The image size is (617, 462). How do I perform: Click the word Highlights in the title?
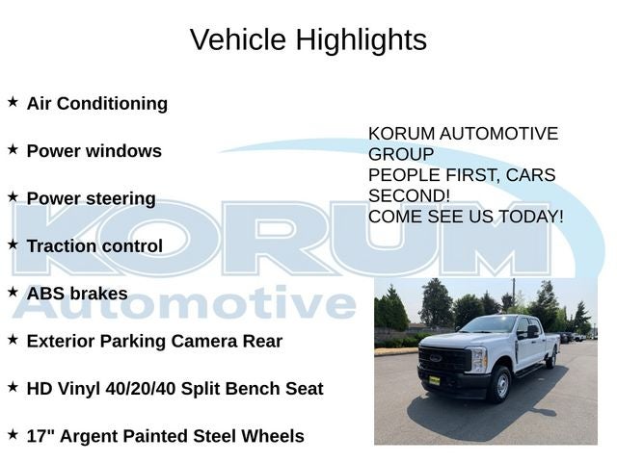(362, 40)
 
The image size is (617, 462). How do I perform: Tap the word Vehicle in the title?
(238, 39)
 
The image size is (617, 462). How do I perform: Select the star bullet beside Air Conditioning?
(13, 102)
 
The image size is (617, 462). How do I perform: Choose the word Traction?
(56, 246)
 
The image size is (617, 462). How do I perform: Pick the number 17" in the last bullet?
(40, 436)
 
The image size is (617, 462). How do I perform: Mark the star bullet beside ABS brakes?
(13, 292)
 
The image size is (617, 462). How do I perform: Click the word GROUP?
(401, 154)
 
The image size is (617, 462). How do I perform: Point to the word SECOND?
(409, 195)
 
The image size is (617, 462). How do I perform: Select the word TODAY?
(531, 217)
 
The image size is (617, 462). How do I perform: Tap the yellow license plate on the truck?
(434, 380)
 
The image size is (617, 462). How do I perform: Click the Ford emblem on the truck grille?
(435, 358)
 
